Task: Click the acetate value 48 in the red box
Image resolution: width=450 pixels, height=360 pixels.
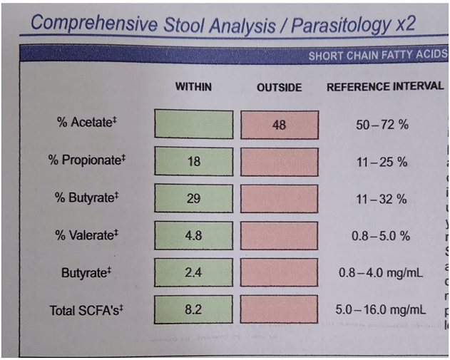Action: coord(279,124)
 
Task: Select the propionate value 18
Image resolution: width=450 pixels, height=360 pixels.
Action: coord(194,162)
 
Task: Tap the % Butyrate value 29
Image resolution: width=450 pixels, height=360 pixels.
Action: coord(193,199)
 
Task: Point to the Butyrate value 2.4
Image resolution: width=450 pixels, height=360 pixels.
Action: coord(193,272)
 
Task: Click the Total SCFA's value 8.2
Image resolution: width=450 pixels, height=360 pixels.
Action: coord(193,310)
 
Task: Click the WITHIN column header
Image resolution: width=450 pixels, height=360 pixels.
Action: coord(193,87)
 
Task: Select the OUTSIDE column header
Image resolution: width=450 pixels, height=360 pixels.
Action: coord(279,88)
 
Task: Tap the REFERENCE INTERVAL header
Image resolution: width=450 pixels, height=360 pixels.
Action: coord(384,87)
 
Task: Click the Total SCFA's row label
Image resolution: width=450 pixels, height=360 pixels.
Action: coord(83,310)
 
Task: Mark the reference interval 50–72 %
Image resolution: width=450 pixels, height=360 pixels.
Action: coord(382,125)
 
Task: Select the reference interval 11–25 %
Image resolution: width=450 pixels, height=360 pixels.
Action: coord(382,162)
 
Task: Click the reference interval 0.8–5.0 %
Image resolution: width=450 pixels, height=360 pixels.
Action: coord(382,236)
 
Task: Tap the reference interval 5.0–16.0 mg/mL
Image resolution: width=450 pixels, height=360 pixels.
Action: coord(381,310)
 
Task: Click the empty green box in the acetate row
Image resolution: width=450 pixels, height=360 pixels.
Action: coord(193,124)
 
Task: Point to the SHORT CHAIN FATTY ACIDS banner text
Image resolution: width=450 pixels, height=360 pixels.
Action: coord(377,56)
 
